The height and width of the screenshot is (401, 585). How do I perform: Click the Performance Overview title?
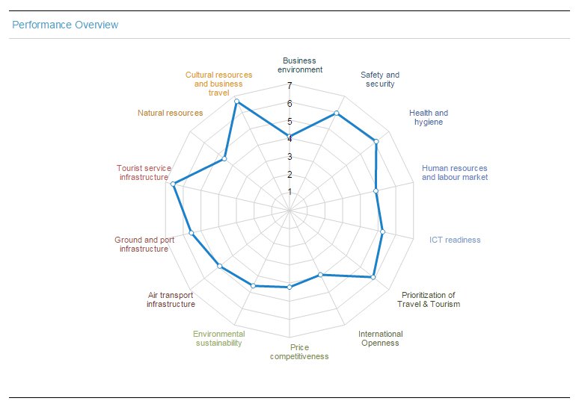click(x=65, y=25)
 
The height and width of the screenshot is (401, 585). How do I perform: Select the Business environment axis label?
click(x=299, y=65)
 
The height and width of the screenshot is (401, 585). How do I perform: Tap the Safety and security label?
click(x=380, y=79)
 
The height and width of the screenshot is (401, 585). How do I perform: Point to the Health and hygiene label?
click(x=429, y=117)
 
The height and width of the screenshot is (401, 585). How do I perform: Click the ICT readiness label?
click(x=455, y=240)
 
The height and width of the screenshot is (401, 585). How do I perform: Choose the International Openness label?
click(x=380, y=338)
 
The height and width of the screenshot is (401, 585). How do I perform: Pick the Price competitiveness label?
click(x=299, y=352)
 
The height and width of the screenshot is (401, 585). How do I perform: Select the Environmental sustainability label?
click(x=218, y=338)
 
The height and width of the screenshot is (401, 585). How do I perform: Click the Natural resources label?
click(x=170, y=113)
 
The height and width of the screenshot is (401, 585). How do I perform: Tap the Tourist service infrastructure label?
click(x=144, y=172)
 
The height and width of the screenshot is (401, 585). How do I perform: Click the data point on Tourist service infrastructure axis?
click(x=174, y=184)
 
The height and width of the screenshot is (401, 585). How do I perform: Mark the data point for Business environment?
click(x=290, y=137)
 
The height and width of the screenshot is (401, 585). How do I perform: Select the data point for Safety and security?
click(x=337, y=114)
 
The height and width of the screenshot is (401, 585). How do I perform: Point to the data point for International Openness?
click(x=320, y=275)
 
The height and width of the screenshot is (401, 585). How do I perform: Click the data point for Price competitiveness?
click(x=290, y=287)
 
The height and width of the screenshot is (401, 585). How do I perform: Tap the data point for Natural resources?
click(x=224, y=159)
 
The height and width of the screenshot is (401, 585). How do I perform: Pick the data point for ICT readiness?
click(x=382, y=231)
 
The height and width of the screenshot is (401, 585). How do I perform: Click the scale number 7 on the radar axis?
click(x=290, y=86)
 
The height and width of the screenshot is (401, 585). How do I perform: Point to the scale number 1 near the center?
click(x=290, y=192)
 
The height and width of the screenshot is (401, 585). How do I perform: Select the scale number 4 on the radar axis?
click(x=290, y=139)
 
